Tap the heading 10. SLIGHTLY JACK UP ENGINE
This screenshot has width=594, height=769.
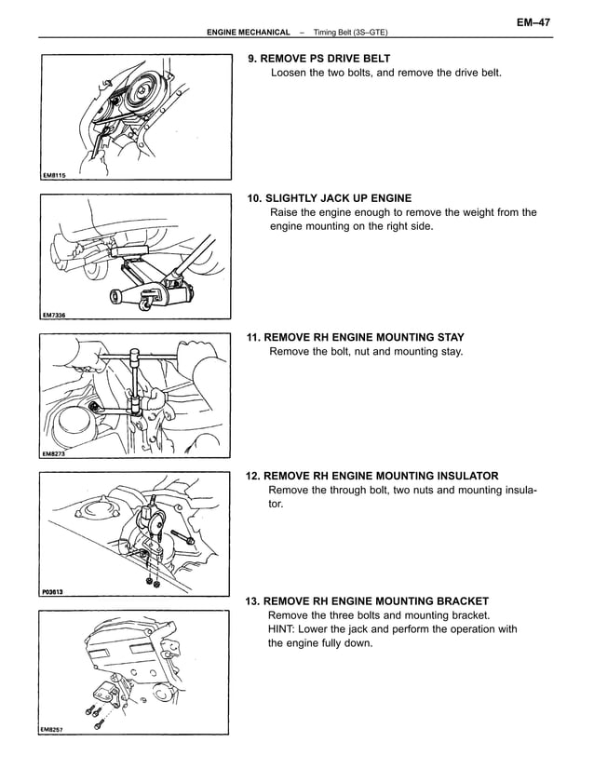tap(329, 198)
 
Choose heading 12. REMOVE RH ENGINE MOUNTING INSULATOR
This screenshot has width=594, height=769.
tap(371, 476)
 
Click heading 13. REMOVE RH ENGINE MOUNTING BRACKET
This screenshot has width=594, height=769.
tap(367, 601)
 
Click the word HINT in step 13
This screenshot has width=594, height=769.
tap(283, 629)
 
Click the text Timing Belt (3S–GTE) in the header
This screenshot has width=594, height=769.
tap(351, 33)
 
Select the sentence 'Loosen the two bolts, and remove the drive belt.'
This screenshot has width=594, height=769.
tap(385, 73)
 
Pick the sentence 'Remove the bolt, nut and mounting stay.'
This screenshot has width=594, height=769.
tap(365, 352)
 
